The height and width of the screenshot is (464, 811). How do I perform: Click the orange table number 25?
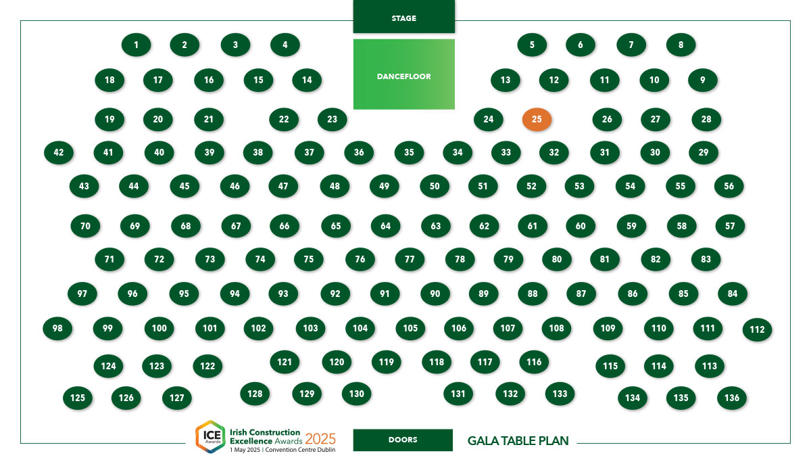537,119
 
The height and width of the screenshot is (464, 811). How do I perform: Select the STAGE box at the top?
403,17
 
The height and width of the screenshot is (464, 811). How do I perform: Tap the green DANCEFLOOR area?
403,74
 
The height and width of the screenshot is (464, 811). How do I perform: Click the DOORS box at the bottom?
403,440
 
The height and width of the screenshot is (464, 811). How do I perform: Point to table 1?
136,45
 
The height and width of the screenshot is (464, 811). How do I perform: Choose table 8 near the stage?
681,45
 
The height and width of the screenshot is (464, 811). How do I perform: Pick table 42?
59,152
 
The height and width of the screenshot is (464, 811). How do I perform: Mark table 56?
729,186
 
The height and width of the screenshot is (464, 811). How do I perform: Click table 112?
757,329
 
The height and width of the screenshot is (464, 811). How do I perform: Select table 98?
57,328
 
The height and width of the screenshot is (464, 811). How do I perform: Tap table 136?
732,398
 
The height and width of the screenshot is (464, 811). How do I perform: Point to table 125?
78,398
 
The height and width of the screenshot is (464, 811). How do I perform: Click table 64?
386,226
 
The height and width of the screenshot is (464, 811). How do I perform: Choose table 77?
410,259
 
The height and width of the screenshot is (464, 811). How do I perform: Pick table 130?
357,394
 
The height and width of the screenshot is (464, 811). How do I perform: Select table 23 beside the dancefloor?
333,119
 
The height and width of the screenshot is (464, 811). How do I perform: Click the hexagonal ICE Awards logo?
210,436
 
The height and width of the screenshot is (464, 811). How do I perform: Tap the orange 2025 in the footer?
320,439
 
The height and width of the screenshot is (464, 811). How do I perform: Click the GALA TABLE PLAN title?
518,441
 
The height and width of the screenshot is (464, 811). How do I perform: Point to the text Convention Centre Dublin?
300,450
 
